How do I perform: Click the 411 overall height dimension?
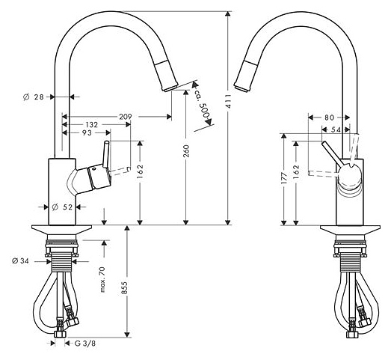tap(229, 101)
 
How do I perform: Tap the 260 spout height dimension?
tap(186, 151)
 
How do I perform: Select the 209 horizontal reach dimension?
tap(126, 117)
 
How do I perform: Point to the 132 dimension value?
tap(91, 124)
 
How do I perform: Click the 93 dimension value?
tap(87, 132)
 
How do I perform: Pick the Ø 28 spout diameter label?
tap(34, 97)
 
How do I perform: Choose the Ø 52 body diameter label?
tap(62, 207)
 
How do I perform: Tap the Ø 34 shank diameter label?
tap(20, 261)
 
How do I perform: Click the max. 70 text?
tap(102, 280)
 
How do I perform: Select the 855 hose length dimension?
tap(125, 288)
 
